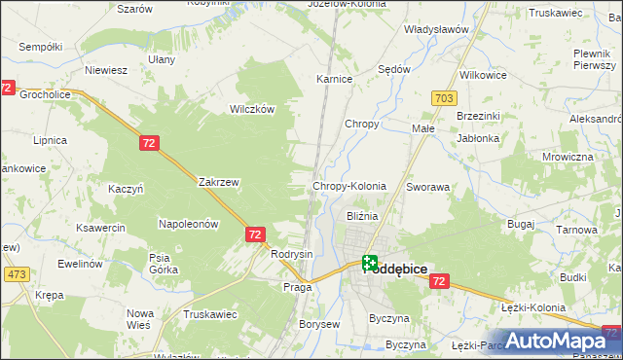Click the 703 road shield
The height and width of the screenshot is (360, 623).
[444, 98]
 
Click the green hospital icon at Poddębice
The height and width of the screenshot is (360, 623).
[370, 261]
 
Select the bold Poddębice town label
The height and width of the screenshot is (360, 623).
[396, 269]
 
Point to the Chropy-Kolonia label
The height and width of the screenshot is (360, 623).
[348, 186]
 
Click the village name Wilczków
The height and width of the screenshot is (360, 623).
[250, 109]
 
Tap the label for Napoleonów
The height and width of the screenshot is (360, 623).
[188, 224]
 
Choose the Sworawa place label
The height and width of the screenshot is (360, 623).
[427, 186]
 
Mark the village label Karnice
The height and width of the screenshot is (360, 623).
[334, 79]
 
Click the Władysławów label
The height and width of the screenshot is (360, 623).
[437, 29]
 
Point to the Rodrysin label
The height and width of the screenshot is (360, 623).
[292, 254]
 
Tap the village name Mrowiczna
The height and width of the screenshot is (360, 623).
[568, 157]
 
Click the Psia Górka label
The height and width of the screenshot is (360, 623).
[160, 264]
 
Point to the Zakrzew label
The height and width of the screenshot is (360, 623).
[218, 182]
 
